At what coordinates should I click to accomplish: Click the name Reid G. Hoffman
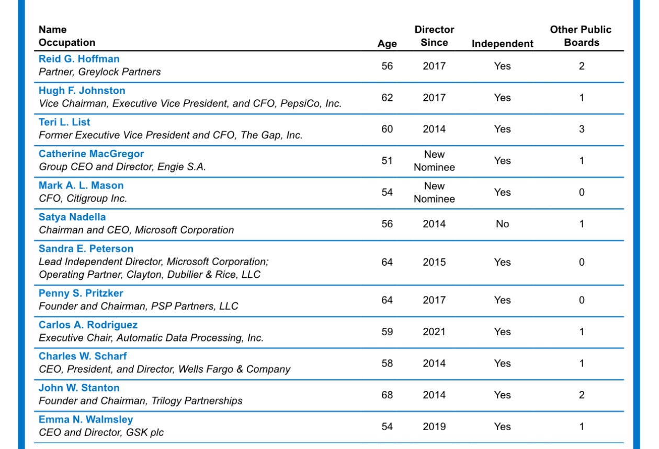(x=79, y=59)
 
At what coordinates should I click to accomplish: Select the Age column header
(x=387, y=44)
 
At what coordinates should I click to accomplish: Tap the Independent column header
(x=502, y=44)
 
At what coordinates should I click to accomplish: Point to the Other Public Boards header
(x=581, y=36)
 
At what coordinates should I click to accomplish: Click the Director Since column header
(x=434, y=36)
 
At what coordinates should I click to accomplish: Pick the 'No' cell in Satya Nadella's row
(x=502, y=224)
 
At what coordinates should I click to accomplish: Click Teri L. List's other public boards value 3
(x=581, y=129)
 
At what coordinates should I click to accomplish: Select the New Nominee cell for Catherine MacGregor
(x=434, y=161)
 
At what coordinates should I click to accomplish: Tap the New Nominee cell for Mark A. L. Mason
(x=434, y=192)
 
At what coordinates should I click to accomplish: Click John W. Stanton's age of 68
(x=387, y=395)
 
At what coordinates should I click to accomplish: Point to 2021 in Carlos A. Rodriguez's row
(x=434, y=332)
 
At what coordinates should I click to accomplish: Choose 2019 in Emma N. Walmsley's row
(x=434, y=427)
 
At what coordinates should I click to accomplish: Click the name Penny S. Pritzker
(x=81, y=293)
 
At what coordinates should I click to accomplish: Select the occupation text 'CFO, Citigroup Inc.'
(x=83, y=198)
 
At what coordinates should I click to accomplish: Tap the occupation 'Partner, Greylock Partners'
(x=100, y=72)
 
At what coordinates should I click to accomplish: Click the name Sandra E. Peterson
(x=86, y=249)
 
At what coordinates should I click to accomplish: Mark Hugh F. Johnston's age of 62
(x=387, y=98)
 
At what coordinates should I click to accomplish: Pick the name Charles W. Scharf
(x=83, y=357)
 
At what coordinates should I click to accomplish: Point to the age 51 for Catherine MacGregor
(x=387, y=161)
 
